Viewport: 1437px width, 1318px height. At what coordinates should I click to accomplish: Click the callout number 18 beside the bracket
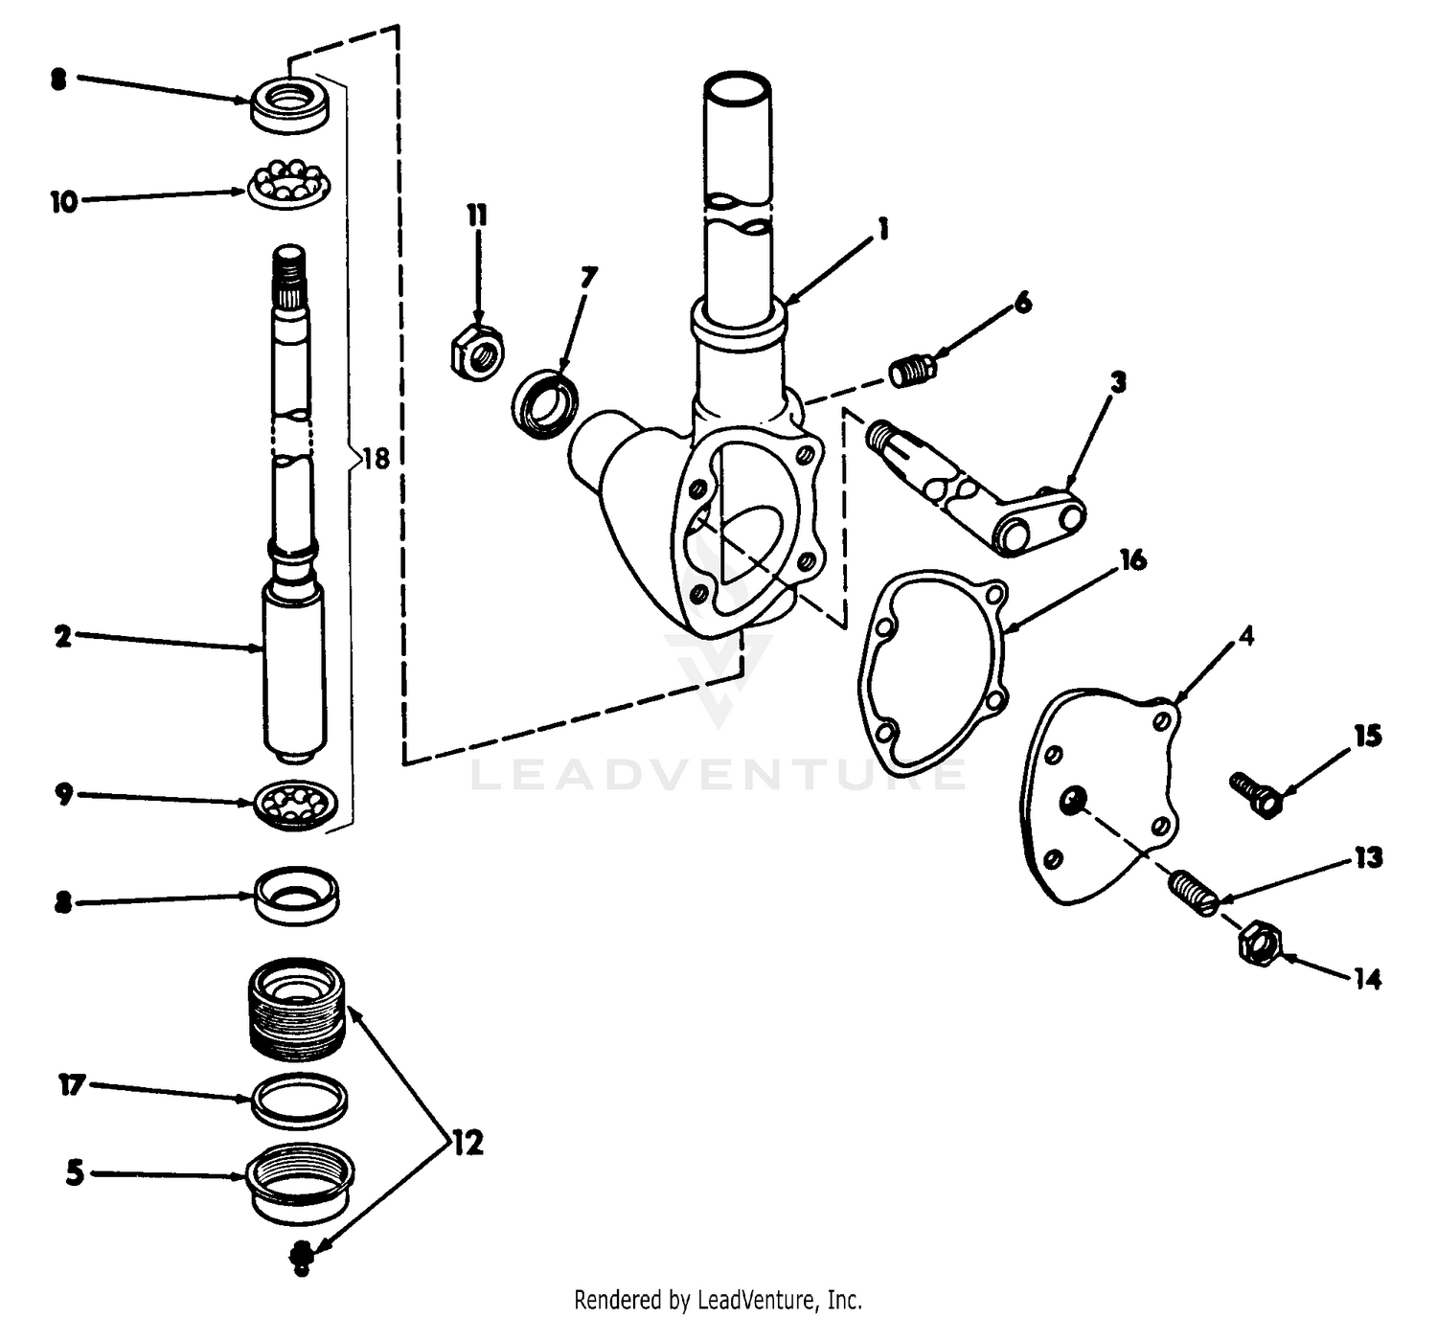tap(376, 459)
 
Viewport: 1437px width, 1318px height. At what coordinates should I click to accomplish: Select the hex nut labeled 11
tap(476, 350)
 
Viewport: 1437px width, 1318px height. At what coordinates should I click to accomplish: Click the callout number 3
tap(1118, 382)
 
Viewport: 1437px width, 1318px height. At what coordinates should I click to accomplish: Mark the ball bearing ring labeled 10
tap(288, 183)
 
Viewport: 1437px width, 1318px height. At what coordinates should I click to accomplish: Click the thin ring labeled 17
tap(299, 1102)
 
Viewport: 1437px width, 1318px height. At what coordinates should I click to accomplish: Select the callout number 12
tap(468, 1143)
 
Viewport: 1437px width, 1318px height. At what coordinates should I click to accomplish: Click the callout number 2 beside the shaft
tap(63, 636)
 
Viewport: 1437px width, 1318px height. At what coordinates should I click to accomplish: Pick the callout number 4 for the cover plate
tap(1244, 636)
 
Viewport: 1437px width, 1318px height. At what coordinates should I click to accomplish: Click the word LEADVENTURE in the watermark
tap(718, 774)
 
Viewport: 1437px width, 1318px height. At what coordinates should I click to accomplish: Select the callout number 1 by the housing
tap(882, 229)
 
